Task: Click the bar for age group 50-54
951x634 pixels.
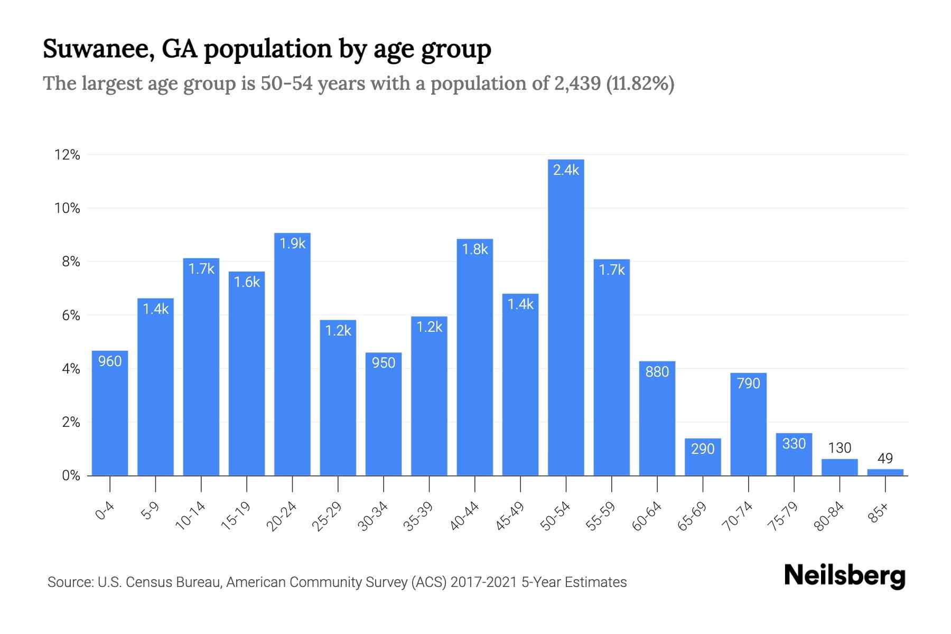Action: pyautogui.click(x=566, y=317)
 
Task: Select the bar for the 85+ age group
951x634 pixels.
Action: pyautogui.click(x=885, y=472)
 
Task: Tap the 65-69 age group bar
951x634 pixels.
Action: pyautogui.click(x=703, y=457)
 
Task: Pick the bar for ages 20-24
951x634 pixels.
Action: pyautogui.click(x=292, y=354)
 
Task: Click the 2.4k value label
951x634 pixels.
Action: pyautogui.click(x=566, y=170)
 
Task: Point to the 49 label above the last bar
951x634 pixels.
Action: pyautogui.click(x=885, y=458)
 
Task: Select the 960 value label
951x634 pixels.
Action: pyautogui.click(x=110, y=361)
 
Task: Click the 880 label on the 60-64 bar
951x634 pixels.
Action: pyautogui.click(x=657, y=372)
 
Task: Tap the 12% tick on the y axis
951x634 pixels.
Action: pyautogui.click(x=67, y=155)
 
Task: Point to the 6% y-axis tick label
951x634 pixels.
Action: pyautogui.click(x=71, y=315)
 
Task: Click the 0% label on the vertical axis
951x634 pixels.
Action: pyautogui.click(x=71, y=475)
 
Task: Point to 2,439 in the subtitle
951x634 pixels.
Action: pyautogui.click(x=577, y=83)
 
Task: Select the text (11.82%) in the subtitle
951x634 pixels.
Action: pyautogui.click(x=640, y=83)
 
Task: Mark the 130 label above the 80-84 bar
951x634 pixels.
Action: pyautogui.click(x=840, y=448)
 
